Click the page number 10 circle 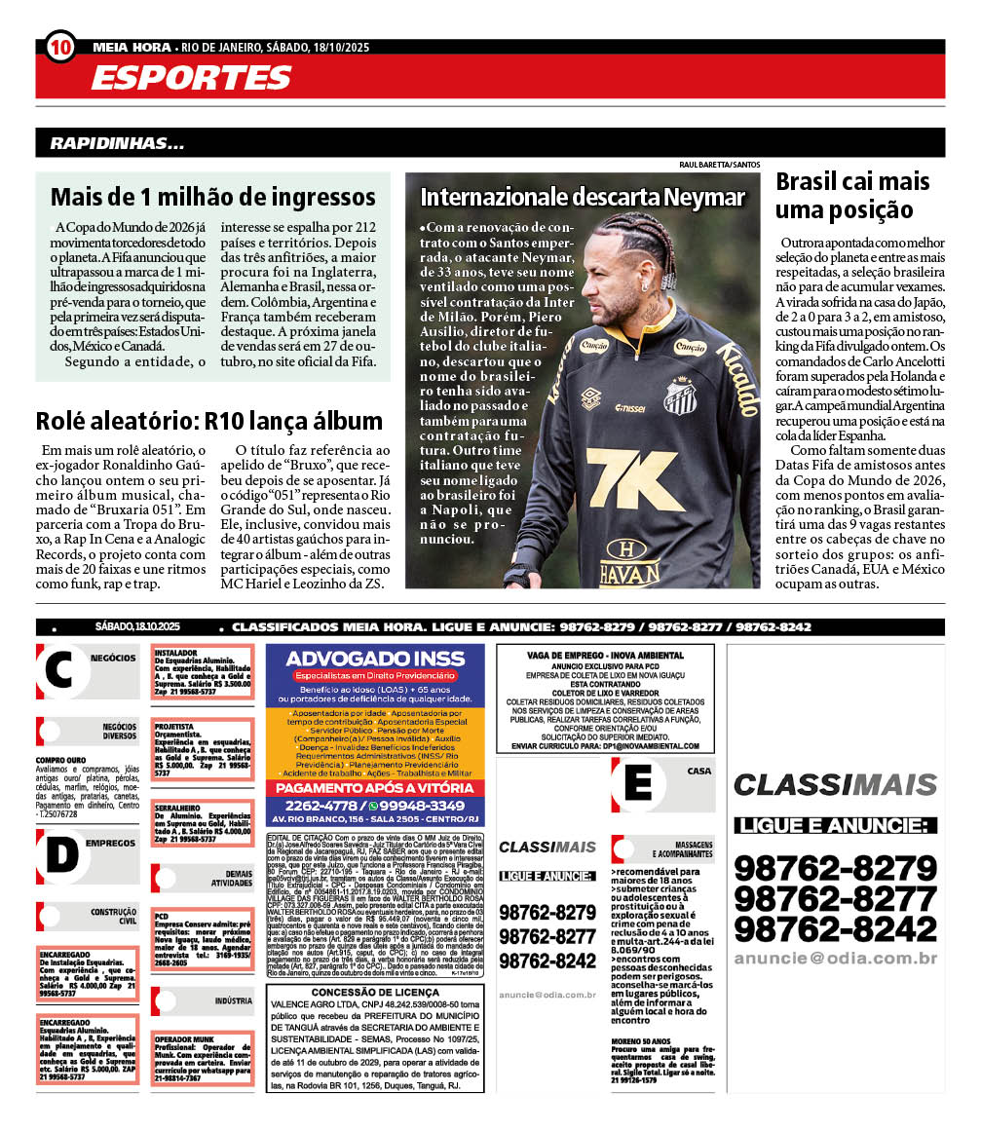click(x=59, y=46)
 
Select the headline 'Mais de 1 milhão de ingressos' click(x=212, y=197)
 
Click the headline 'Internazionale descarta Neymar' click(x=582, y=198)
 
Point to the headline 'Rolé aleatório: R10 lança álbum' click(x=209, y=421)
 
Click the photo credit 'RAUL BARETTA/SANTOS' click(x=719, y=166)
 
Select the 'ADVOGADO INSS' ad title click(x=374, y=659)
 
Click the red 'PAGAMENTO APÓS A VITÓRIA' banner click(x=374, y=787)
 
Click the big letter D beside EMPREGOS click(x=60, y=854)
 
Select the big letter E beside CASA click(x=638, y=783)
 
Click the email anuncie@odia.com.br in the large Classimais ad click(x=835, y=959)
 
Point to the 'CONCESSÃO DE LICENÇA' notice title click(x=374, y=993)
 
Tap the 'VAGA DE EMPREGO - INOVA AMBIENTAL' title click(x=605, y=656)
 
